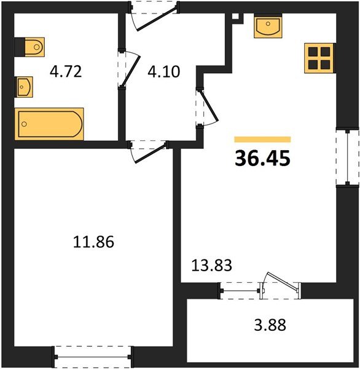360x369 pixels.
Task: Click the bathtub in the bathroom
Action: click(x=49, y=124)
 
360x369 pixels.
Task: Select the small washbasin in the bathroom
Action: click(x=24, y=87)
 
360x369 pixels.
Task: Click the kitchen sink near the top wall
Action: click(x=268, y=25)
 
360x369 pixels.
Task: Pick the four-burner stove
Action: click(x=319, y=58)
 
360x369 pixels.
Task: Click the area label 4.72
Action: click(x=66, y=72)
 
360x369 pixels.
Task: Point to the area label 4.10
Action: click(x=164, y=72)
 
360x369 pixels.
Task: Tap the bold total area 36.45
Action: click(x=263, y=159)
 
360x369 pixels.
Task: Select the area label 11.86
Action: click(x=93, y=242)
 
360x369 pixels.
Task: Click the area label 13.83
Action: click(x=212, y=265)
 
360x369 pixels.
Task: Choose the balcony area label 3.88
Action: click(x=270, y=325)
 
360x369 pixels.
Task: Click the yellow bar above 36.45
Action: click(x=262, y=140)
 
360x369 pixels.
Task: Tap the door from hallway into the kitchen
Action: click(x=207, y=107)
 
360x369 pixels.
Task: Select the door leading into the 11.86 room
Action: click(x=148, y=151)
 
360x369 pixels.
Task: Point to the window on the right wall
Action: click(x=348, y=157)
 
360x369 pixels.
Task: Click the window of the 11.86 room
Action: click(x=93, y=357)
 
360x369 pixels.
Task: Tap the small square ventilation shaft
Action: click(x=235, y=17)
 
